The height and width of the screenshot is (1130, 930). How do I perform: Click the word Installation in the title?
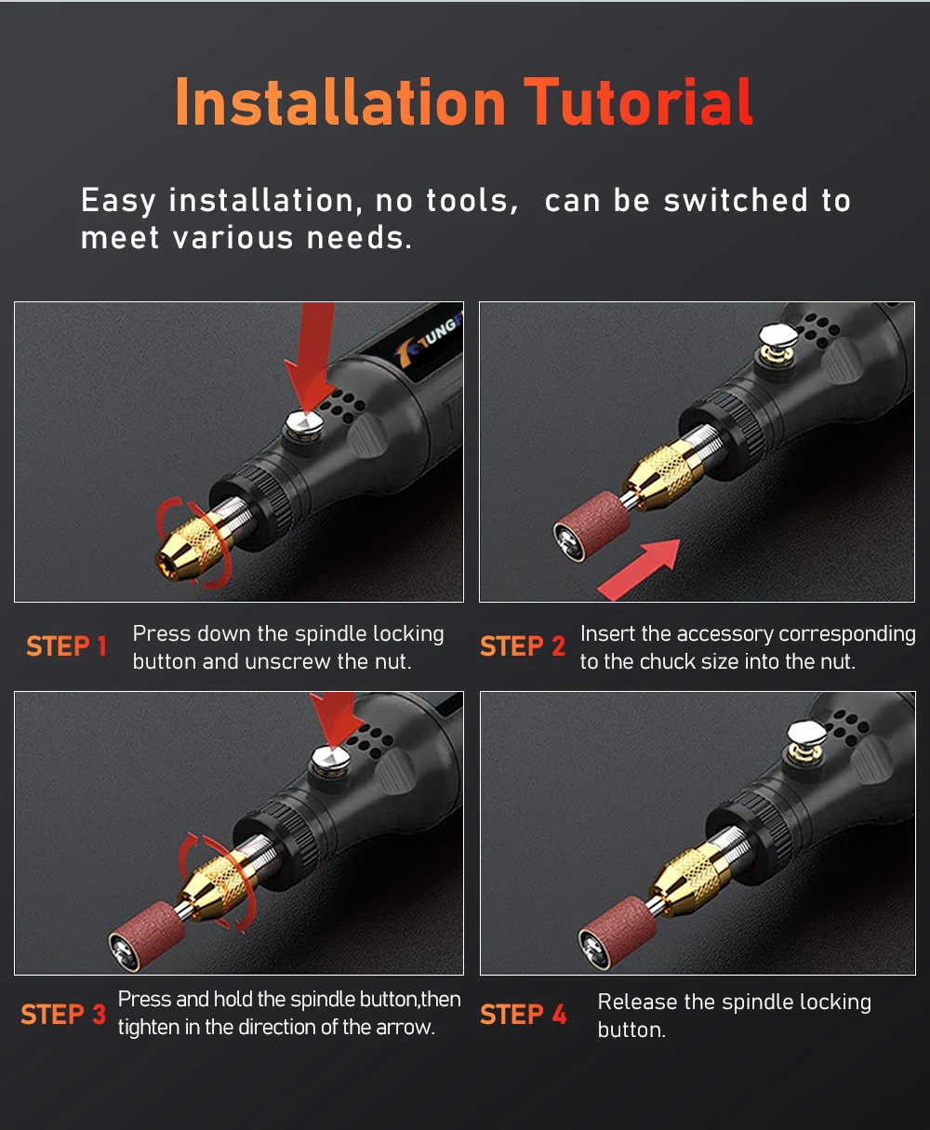[x=340, y=101]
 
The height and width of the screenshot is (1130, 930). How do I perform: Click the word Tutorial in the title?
[x=638, y=101]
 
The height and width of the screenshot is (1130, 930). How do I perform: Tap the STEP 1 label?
[x=66, y=646]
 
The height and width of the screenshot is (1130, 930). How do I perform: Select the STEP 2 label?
[x=523, y=646]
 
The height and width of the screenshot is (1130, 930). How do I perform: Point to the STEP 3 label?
[x=63, y=1015]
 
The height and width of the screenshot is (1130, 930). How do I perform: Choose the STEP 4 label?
[x=524, y=1015]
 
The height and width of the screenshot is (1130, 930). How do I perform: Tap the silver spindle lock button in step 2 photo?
[x=777, y=336]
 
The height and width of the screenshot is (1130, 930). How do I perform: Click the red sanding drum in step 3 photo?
[x=147, y=936]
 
